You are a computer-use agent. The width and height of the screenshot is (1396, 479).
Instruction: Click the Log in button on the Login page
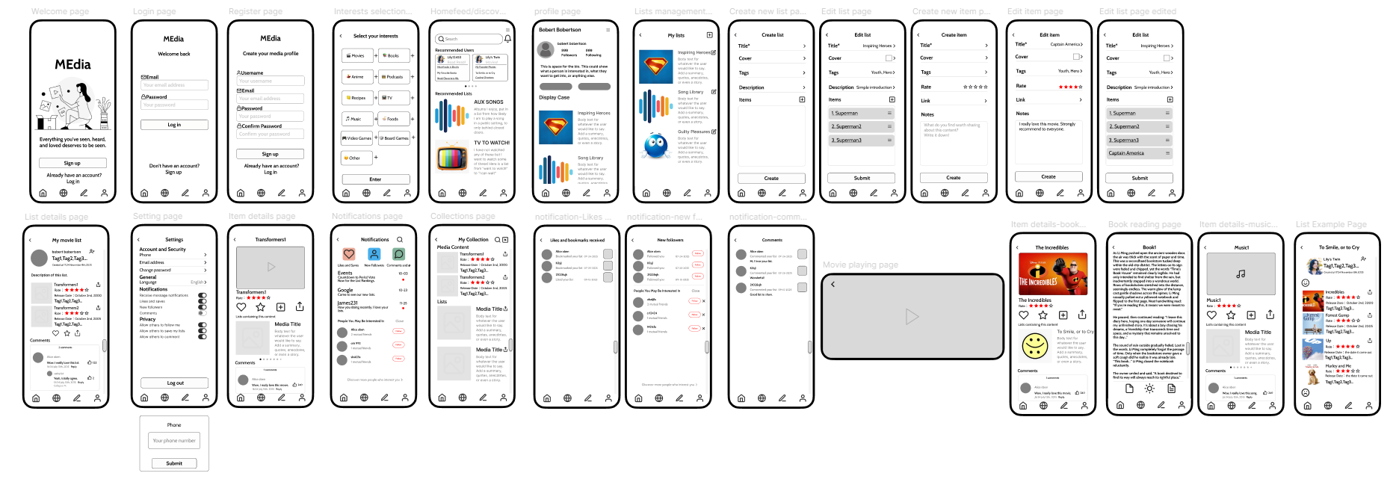tap(174, 125)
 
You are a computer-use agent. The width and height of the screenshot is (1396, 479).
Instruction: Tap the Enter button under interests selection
tap(375, 179)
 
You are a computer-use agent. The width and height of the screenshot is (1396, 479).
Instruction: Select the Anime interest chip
tap(357, 76)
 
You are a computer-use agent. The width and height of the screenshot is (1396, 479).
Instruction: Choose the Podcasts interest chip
tap(394, 76)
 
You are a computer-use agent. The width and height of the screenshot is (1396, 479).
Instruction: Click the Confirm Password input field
tap(270, 135)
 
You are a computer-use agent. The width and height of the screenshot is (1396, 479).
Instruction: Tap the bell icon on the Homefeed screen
tap(507, 39)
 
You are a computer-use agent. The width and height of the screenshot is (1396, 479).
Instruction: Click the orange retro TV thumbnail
tap(452, 158)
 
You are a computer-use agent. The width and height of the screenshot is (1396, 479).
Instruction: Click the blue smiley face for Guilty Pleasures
tap(655, 146)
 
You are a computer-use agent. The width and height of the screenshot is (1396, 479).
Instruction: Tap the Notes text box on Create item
tap(954, 142)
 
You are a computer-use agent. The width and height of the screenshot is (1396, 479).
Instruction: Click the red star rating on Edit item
tap(1070, 87)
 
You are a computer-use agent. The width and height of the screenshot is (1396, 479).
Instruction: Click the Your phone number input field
tap(174, 441)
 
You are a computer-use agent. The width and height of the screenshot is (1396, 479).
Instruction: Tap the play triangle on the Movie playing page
tap(912, 316)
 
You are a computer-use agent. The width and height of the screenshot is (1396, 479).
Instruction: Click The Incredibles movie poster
tap(1052, 274)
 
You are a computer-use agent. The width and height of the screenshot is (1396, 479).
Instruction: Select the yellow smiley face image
tap(1035, 345)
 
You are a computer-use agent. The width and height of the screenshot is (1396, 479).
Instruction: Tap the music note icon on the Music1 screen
tap(1241, 274)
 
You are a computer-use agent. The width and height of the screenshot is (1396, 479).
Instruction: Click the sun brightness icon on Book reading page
tap(1149, 389)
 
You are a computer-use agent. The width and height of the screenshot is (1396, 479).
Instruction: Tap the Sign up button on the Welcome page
tap(72, 163)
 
